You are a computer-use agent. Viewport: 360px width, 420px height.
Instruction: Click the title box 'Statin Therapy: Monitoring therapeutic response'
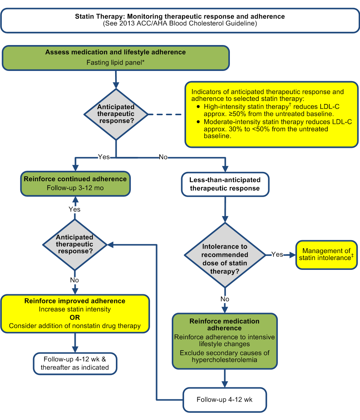tap(180, 20)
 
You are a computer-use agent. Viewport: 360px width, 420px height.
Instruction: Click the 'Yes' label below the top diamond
tap(103, 157)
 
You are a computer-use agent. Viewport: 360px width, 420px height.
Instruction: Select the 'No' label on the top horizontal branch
tap(163, 157)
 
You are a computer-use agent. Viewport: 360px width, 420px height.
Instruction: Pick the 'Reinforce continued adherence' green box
tap(75, 184)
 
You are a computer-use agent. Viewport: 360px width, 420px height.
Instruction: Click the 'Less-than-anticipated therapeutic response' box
tap(225, 184)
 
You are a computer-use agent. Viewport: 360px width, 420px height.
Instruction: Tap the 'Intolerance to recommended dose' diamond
tap(225, 255)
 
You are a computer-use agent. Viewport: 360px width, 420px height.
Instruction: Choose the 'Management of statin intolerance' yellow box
tap(326, 255)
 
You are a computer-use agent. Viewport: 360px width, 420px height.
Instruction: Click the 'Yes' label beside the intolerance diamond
tap(277, 254)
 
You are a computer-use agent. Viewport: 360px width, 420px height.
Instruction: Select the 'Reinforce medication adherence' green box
tap(225, 341)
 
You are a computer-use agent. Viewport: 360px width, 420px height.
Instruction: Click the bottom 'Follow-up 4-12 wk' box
tap(225, 400)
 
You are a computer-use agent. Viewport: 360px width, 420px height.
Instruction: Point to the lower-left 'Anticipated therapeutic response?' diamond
tap(75, 244)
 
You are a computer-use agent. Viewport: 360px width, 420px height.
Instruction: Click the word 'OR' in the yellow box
tap(75, 318)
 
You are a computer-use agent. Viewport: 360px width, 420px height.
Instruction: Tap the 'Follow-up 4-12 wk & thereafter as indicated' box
tap(75, 363)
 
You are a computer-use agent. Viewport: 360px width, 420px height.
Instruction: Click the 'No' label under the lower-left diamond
tap(75, 280)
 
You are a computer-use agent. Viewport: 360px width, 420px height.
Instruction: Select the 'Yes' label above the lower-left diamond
tap(75, 209)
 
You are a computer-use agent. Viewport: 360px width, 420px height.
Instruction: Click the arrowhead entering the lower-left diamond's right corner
tap(110, 244)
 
